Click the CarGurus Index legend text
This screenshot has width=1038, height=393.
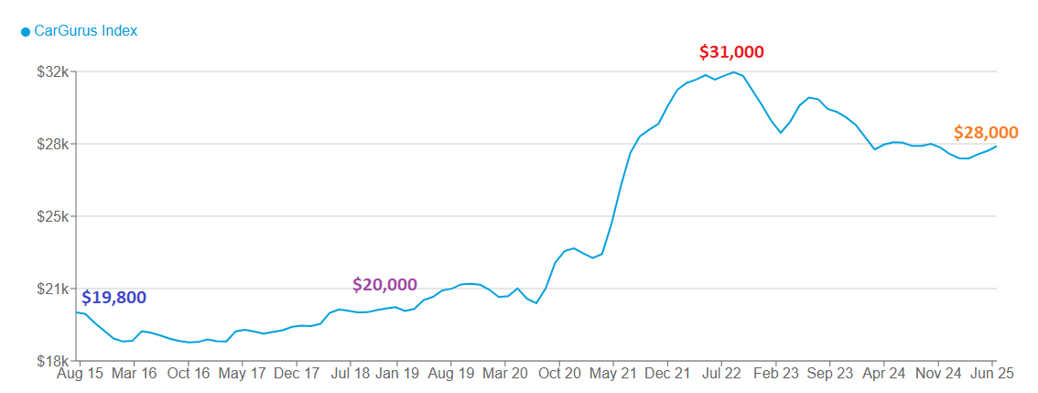[x=85, y=31]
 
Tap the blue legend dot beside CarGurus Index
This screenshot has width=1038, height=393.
[x=26, y=32]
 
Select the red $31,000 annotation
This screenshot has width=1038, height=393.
[x=730, y=52]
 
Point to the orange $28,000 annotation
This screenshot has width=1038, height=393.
[x=985, y=133]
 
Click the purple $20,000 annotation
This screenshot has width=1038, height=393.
[x=384, y=285]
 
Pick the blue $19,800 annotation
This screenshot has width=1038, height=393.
[x=114, y=298]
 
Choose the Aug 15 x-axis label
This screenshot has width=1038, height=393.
[x=81, y=374]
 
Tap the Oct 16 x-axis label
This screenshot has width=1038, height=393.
[x=189, y=374]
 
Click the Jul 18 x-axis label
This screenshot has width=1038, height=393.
[x=351, y=374]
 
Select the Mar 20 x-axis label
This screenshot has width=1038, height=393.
[x=505, y=374]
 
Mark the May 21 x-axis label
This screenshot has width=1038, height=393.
[x=614, y=374]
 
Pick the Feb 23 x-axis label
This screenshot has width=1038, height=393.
[x=776, y=374]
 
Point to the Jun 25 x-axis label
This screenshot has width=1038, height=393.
[x=992, y=374]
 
